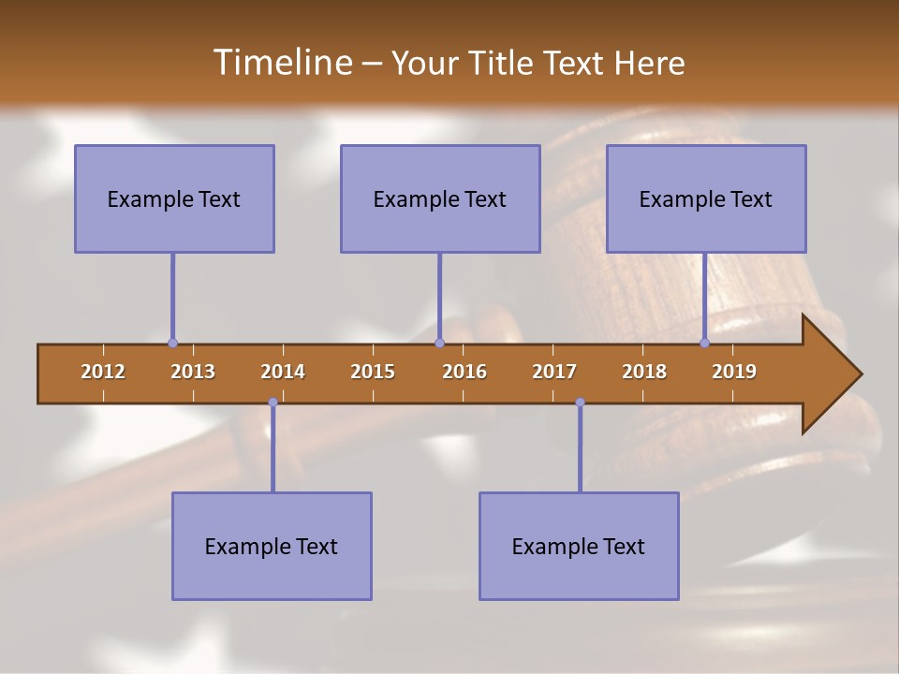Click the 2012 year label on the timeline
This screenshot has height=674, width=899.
(103, 372)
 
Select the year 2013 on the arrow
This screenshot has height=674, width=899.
(193, 372)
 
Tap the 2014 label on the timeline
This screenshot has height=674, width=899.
(283, 372)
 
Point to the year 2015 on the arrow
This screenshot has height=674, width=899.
(373, 372)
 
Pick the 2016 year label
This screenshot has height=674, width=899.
(464, 372)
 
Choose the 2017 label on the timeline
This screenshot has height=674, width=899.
(554, 372)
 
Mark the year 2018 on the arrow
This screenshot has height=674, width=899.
(644, 372)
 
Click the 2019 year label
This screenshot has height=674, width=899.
(734, 372)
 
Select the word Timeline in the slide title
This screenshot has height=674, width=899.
(281, 63)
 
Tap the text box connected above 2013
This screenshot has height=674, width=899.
(174, 198)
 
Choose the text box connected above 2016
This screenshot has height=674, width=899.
(440, 198)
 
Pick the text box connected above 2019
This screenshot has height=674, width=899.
(706, 198)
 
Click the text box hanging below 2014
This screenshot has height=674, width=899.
(272, 546)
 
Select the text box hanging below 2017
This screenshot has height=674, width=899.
(579, 546)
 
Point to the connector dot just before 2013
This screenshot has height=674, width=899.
(172, 343)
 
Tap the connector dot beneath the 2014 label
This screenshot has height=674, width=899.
(273, 403)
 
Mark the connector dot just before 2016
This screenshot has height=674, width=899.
(439, 343)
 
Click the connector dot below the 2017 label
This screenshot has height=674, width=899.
(580, 403)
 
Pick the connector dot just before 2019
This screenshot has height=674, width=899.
(705, 343)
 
